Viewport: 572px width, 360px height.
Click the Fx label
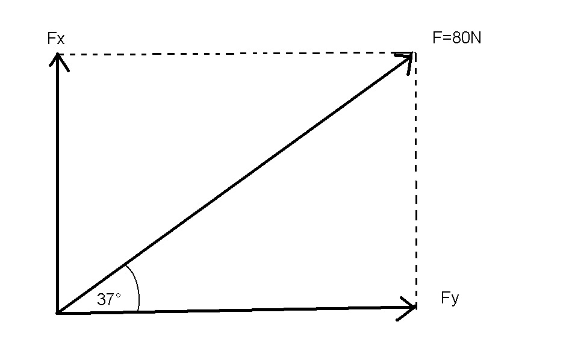55,39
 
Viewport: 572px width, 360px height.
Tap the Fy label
450,298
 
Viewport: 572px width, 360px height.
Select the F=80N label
456,38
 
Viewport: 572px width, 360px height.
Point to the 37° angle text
109,299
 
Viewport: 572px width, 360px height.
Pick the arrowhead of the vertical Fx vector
57,58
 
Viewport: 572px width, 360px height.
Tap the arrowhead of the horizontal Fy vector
411,308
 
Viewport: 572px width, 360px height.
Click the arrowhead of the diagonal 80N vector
408,58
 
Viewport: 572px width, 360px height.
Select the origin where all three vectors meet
58,312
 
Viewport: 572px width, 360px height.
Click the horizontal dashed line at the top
235,54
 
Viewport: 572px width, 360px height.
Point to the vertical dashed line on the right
415,181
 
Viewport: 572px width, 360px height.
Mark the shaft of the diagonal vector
235,184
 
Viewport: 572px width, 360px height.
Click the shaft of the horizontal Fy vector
235,310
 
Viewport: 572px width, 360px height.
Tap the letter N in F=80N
476,38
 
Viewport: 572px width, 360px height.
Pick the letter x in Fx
60,40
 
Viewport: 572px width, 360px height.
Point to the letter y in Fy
455,300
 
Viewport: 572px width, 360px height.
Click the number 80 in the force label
459,38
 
